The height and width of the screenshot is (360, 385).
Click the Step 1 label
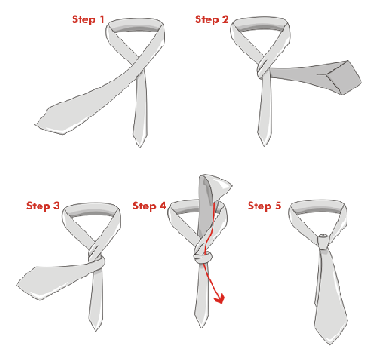[87, 19]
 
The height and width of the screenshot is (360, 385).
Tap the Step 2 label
[212, 19]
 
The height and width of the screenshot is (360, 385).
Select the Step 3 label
[43, 206]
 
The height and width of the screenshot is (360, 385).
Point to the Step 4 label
[149, 206]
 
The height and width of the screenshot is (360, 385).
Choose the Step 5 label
[264, 206]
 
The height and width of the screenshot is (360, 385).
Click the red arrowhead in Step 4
[220, 300]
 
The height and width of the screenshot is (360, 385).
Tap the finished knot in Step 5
[323, 241]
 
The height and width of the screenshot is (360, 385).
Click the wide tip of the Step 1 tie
[35, 124]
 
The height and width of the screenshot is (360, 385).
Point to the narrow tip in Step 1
[140, 147]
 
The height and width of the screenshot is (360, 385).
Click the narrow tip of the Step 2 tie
[264, 145]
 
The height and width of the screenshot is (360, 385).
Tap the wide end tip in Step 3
[17, 285]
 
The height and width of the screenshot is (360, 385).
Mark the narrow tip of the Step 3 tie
[95, 331]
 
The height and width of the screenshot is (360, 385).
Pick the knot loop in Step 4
[203, 258]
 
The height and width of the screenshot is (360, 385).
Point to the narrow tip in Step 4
[201, 327]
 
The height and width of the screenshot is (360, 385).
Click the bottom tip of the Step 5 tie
[330, 344]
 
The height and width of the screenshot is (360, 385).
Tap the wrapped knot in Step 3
[97, 258]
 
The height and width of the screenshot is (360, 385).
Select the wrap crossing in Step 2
[264, 67]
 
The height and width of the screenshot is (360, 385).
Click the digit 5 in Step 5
[278, 206]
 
